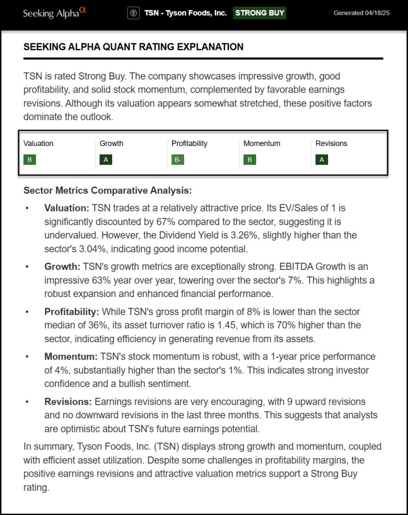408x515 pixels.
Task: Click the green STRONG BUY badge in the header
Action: pyautogui.click(x=260, y=13)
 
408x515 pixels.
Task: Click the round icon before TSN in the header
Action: pyautogui.click(x=133, y=13)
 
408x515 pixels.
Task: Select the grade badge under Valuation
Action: pyautogui.click(x=30, y=160)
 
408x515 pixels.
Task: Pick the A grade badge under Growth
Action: pyautogui.click(x=106, y=160)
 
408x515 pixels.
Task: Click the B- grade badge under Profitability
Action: pyautogui.click(x=178, y=160)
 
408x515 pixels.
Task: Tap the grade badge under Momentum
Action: pyautogui.click(x=250, y=160)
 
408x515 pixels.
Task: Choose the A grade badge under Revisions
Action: pyautogui.click(x=321, y=160)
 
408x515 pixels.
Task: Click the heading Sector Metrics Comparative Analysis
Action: pyautogui.click(x=107, y=191)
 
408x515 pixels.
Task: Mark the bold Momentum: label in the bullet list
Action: pyautogui.click(x=70, y=356)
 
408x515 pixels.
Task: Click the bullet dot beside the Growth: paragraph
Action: pyautogui.click(x=28, y=267)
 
